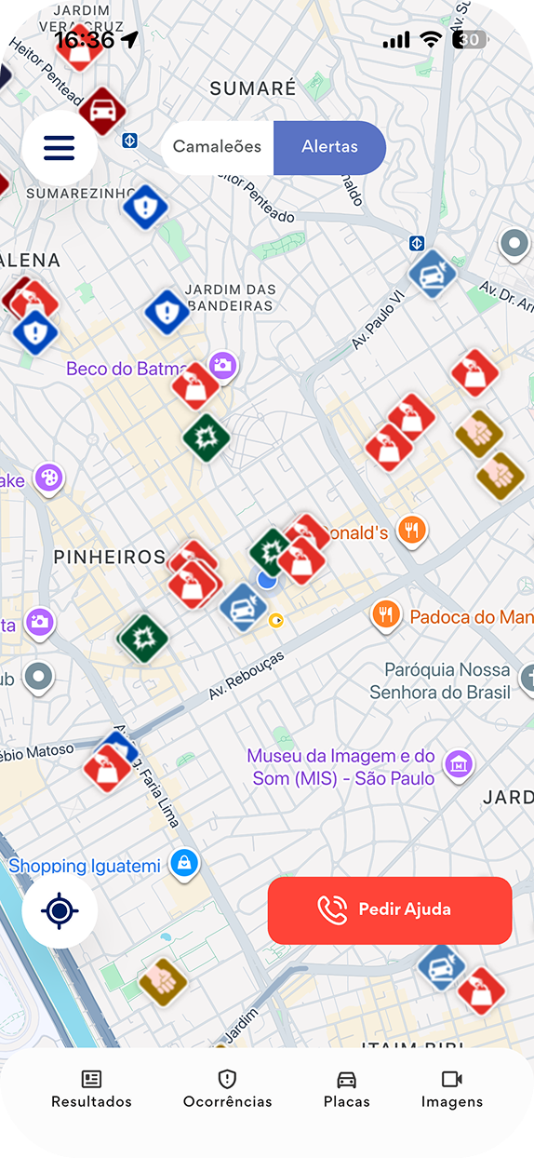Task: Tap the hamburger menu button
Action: [59, 148]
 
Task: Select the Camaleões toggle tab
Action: [218, 147]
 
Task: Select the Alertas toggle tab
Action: [329, 147]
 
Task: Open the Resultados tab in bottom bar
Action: [91, 1089]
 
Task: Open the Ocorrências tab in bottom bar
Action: [227, 1089]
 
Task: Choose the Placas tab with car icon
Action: [346, 1089]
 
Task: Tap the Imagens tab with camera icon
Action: [452, 1089]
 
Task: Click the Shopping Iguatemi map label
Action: [86, 866]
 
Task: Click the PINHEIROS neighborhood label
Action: [109, 557]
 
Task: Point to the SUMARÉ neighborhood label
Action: [252, 89]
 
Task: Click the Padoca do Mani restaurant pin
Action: [386, 615]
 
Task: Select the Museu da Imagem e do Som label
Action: [340, 767]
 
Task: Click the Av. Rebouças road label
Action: [246, 676]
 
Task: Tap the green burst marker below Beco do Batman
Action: [207, 438]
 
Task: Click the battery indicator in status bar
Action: [471, 40]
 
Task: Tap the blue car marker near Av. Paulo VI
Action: [433, 274]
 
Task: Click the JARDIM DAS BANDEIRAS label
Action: [229, 298]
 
